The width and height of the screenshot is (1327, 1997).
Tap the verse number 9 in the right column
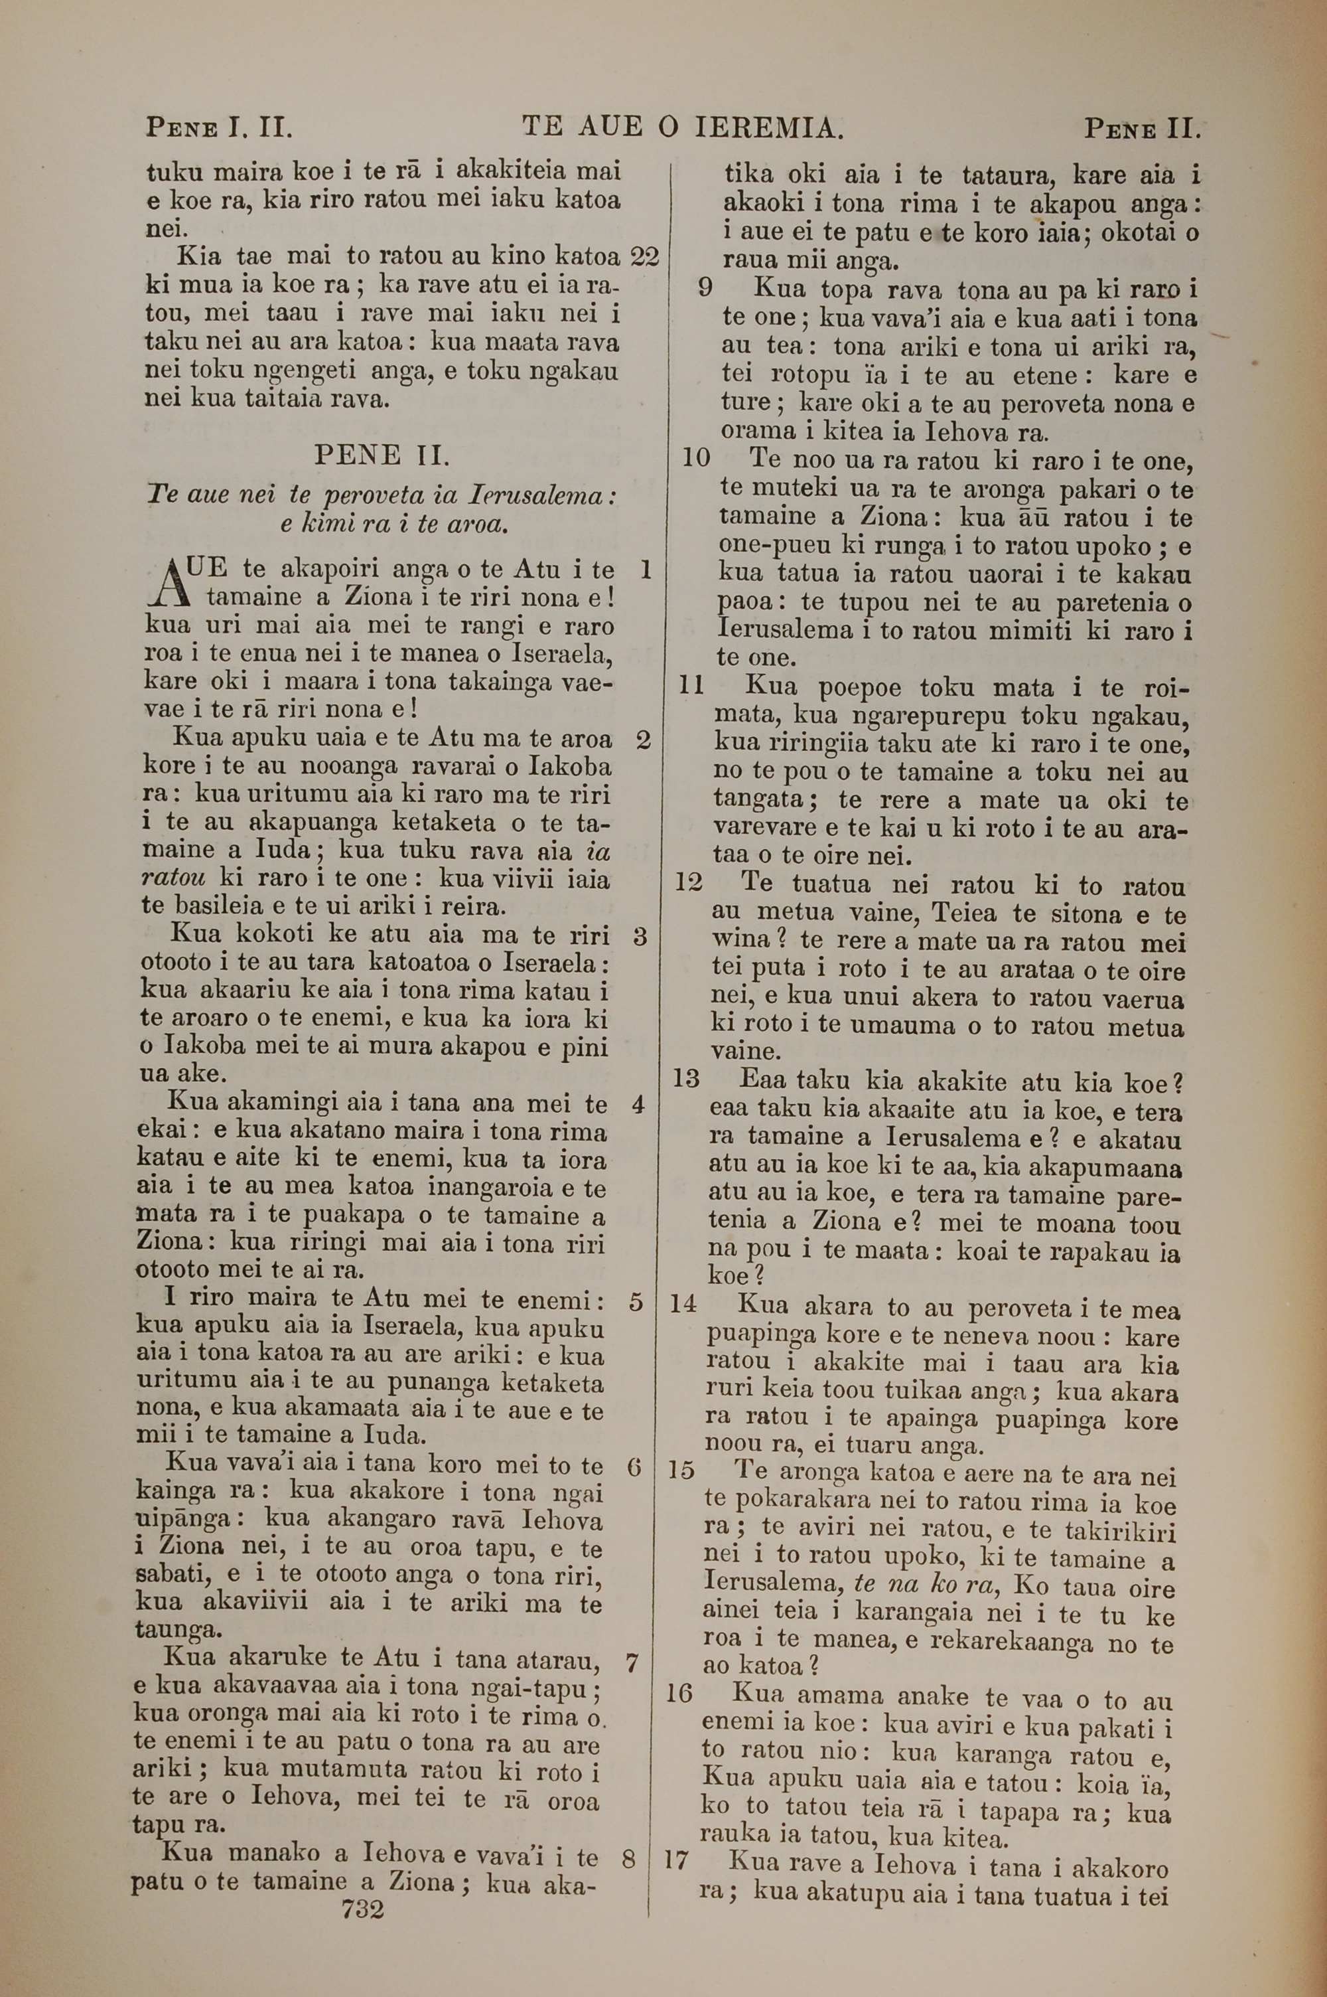[705, 289]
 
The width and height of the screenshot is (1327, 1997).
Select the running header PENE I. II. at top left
[219, 129]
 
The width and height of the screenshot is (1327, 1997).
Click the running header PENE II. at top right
[1143, 129]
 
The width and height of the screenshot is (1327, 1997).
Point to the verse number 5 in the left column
[636, 1302]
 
